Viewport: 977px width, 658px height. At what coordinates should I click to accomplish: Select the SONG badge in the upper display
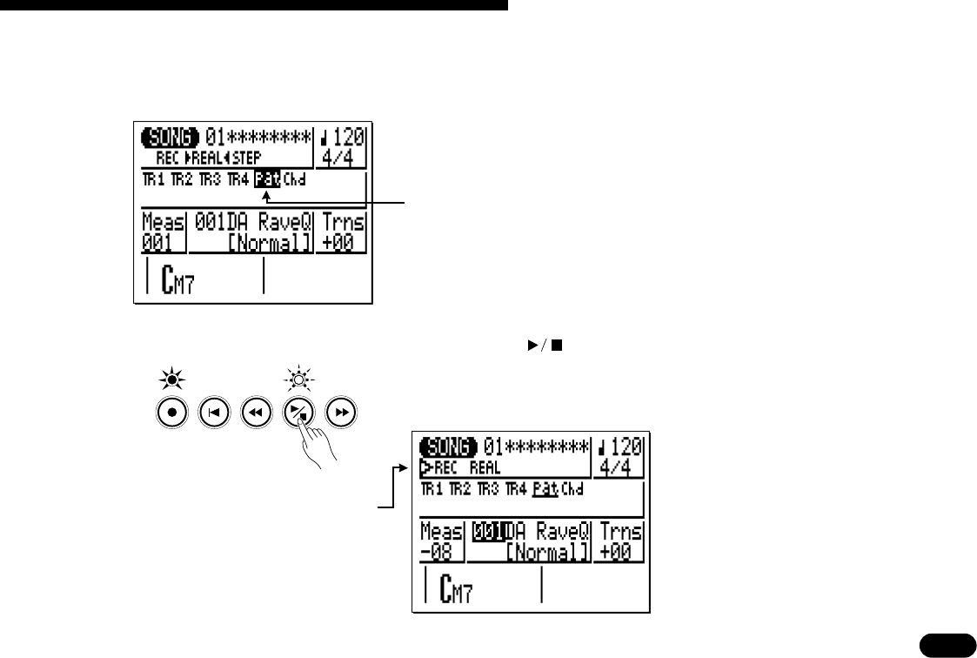[x=171, y=138]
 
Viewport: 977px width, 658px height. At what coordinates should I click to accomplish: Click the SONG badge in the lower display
[x=448, y=448]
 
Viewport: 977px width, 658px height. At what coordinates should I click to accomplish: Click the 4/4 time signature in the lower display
[x=619, y=468]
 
